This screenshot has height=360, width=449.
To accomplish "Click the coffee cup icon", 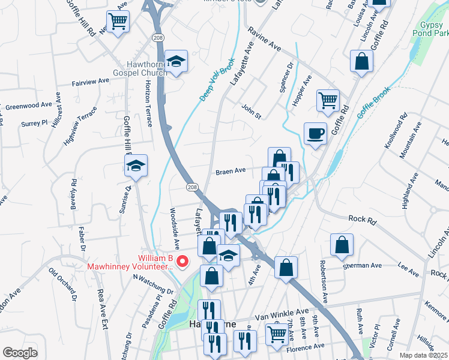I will coord(315,133).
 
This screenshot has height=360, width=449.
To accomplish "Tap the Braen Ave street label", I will coord(231,171).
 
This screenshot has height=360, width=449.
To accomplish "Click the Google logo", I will coord(20,353).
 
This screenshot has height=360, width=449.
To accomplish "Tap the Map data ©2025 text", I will coord(423,355).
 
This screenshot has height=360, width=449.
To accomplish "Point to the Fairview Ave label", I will coord(90,81).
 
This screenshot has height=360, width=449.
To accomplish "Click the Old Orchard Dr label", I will coord(62,286).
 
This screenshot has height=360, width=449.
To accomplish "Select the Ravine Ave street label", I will coord(265,40).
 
